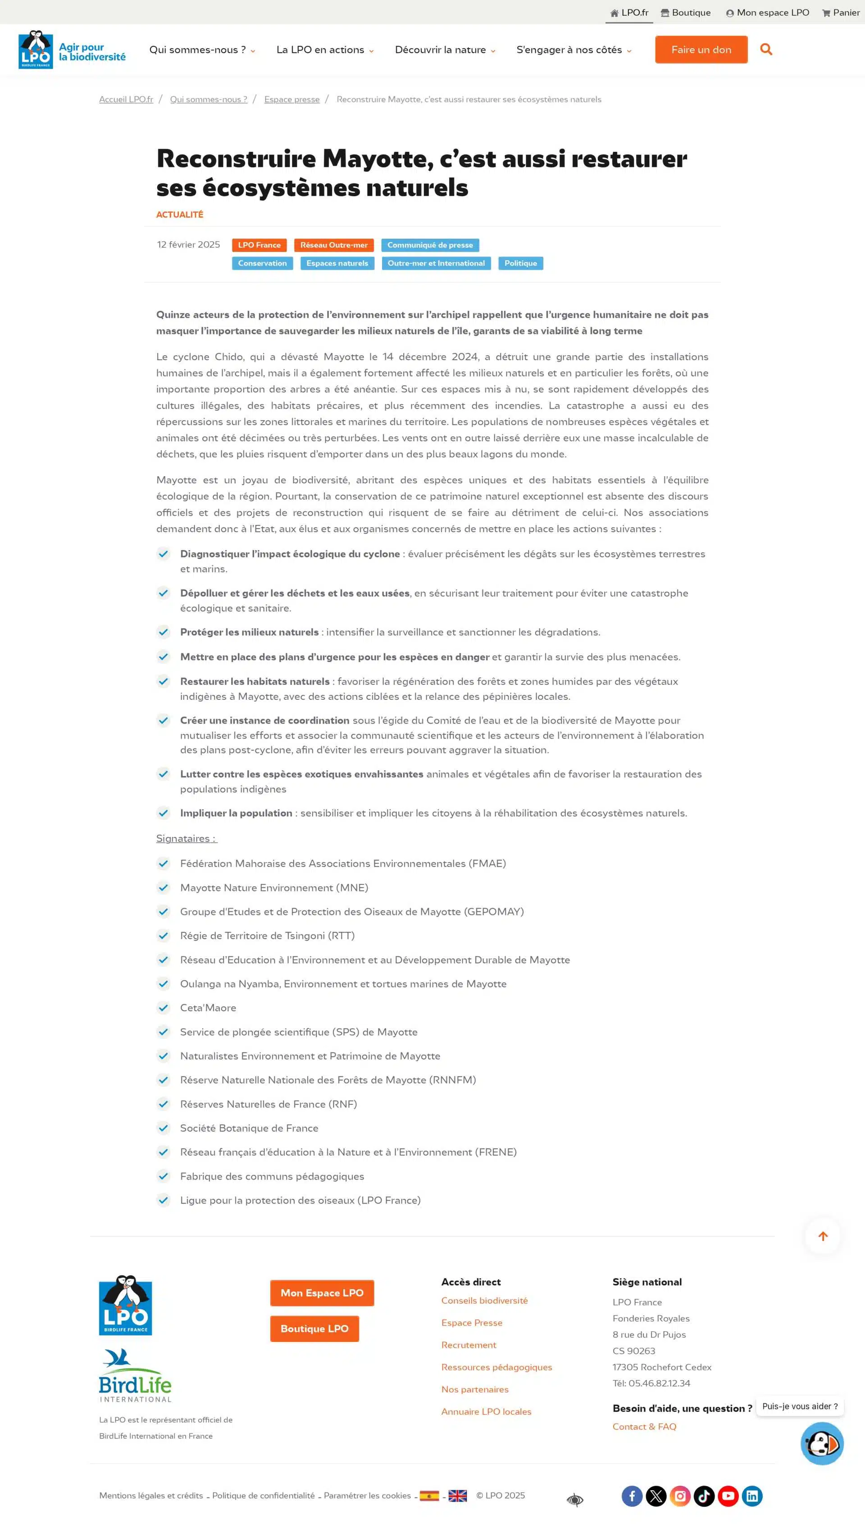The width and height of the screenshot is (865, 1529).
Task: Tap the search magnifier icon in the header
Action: click(x=766, y=49)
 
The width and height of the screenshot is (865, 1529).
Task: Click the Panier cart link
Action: click(x=841, y=13)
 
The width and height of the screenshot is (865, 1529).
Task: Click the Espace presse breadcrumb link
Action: click(x=291, y=99)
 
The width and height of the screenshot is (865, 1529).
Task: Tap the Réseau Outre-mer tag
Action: click(x=334, y=245)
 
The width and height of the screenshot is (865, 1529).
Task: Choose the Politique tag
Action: click(x=520, y=263)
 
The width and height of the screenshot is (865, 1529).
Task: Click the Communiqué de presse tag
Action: click(x=430, y=245)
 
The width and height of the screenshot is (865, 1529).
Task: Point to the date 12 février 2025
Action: click(x=188, y=244)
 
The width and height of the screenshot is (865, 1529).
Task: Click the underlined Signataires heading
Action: click(x=187, y=838)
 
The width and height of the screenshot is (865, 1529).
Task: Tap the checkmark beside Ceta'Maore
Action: click(x=164, y=1008)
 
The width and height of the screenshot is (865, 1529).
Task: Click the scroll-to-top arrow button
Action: click(x=823, y=1236)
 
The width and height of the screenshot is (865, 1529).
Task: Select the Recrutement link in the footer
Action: click(x=468, y=1345)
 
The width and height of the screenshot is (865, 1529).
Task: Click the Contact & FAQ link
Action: click(x=644, y=1427)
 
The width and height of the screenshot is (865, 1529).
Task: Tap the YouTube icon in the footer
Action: click(x=728, y=1496)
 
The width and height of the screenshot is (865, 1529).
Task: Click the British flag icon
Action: click(x=457, y=1496)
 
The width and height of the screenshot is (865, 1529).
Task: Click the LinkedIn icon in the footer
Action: click(x=752, y=1496)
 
